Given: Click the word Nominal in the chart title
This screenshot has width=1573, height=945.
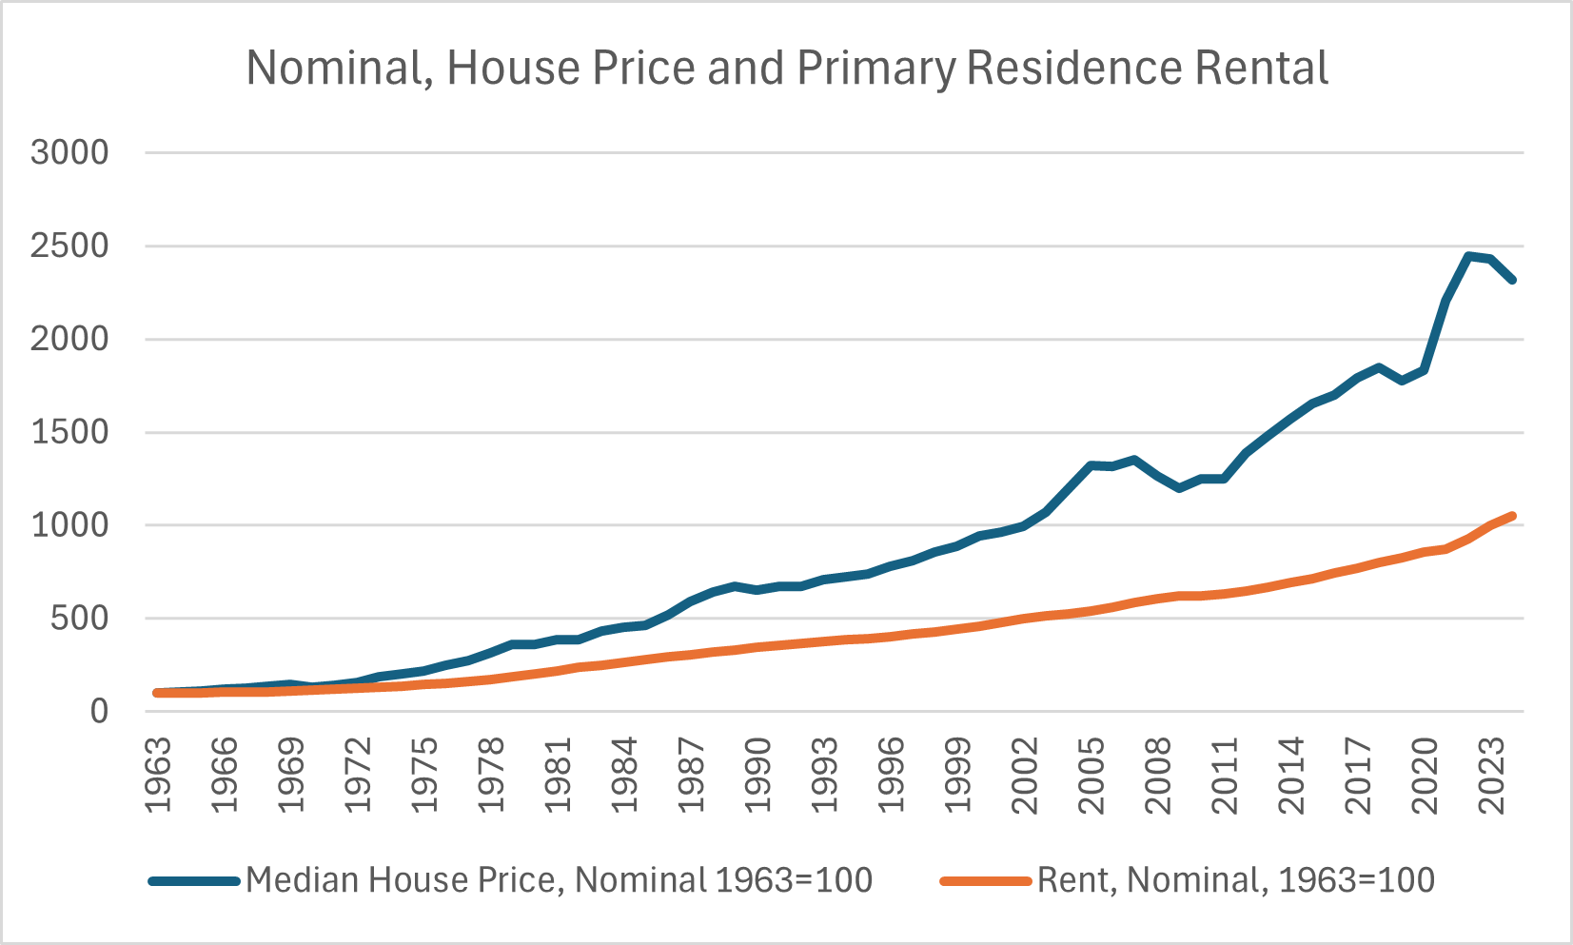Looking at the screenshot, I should pyautogui.click(x=332, y=69).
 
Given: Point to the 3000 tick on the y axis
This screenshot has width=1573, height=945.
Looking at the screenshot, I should pyautogui.click(x=69, y=152).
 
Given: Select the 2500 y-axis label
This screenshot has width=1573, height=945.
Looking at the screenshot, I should pyautogui.click(x=69, y=246).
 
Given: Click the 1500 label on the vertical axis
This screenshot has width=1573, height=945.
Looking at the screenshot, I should pyautogui.click(x=69, y=432).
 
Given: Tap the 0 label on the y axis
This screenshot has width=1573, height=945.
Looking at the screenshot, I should pyautogui.click(x=99, y=711).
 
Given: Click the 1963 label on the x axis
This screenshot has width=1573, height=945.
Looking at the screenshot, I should pyautogui.click(x=158, y=773).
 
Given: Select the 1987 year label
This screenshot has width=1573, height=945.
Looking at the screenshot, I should pyautogui.click(x=691, y=773).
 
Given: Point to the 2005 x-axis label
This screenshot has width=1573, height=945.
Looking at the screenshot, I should pyautogui.click(x=1091, y=773).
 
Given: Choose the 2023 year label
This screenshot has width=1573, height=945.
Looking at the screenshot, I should pyautogui.click(x=1491, y=773).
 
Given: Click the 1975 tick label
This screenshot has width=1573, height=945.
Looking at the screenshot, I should pyautogui.click(x=424, y=773).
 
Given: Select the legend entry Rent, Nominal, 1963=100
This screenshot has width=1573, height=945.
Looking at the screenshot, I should pyautogui.click(x=1235, y=880).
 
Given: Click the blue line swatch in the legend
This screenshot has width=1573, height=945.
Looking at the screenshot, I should pyautogui.click(x=194, y=881).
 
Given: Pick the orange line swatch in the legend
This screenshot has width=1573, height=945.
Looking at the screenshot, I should pyautogui.click(x=986, y=881).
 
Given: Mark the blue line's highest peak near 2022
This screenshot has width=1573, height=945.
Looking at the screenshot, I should pyautogui.click(x=1468, y=255).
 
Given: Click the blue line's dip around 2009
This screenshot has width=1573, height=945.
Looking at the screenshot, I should pyautogui.click(x=1179, y=488).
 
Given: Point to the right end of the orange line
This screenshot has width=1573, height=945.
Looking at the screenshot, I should pyautogui.click(x=1512, y=516).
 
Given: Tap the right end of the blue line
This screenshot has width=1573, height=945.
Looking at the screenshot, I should pyautogui.click(x=1512, y=280).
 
